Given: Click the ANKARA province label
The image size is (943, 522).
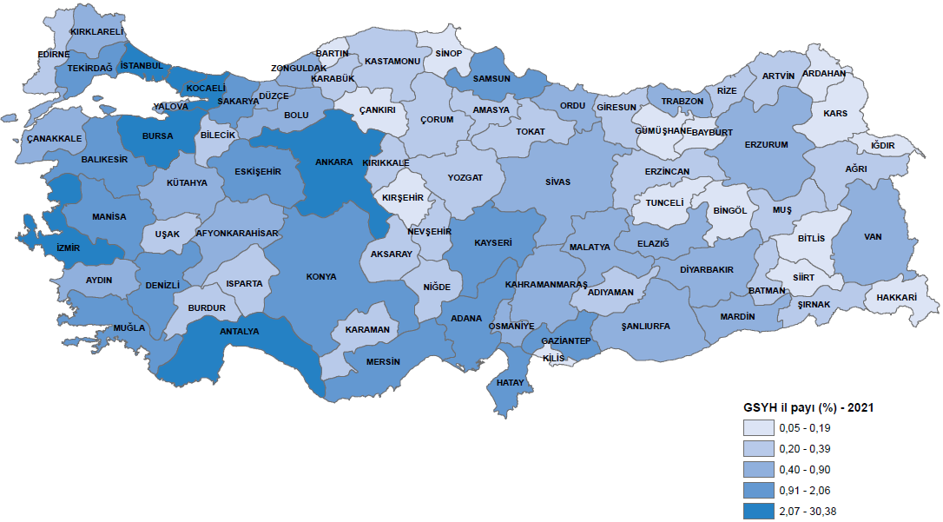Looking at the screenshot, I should point(334,162).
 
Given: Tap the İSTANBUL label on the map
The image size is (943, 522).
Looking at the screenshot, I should point(142,66).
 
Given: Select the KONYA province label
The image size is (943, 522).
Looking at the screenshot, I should point(321,277).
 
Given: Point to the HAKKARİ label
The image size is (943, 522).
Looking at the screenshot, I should point(897,296).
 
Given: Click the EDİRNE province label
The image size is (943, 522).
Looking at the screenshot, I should point(53,54).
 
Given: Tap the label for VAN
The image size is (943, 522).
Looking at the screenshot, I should point(873,236).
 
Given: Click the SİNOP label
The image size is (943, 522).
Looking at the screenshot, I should point(448,54).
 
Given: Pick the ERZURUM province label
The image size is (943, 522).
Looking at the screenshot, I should point(766,144).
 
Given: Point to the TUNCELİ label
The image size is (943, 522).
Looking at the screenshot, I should point(664,202).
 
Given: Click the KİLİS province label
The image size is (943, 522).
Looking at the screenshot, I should point(553,358).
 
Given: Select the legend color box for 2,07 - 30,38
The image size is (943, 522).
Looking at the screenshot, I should point(756,510).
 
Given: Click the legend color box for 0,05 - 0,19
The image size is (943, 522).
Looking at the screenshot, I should point(756,428).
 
